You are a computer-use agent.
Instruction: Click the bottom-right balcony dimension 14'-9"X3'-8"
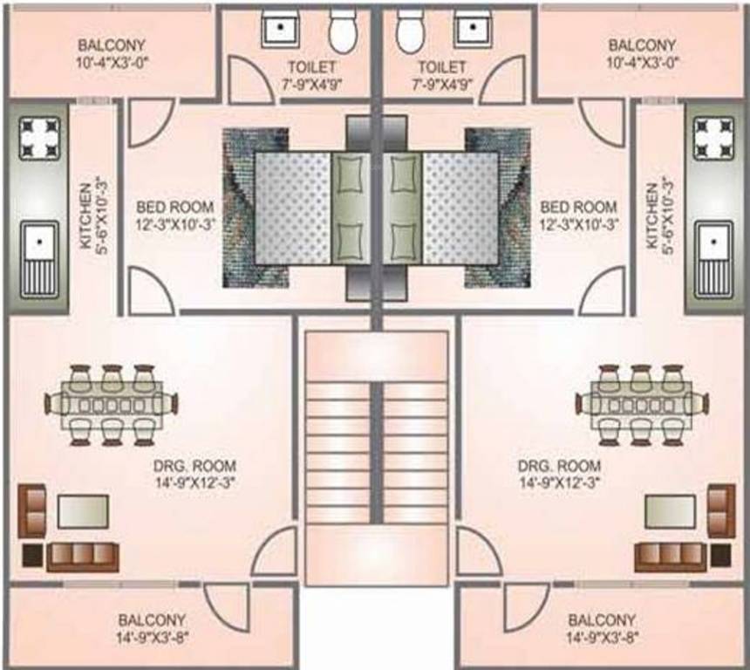(602, 637)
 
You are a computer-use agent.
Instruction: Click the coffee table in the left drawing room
(84, 510)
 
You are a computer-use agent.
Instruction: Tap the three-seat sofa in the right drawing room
(669, 556)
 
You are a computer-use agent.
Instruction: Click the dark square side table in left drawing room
(31, 556)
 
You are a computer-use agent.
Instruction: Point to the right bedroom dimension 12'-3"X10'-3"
(578, 224)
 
